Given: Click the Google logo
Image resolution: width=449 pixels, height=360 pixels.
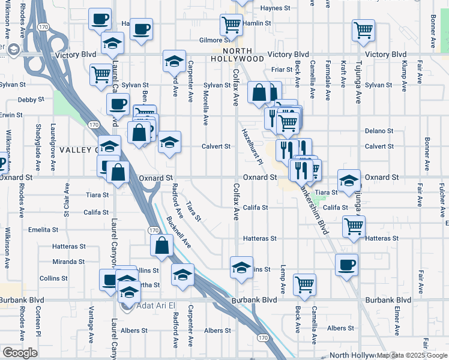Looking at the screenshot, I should click(19, 353).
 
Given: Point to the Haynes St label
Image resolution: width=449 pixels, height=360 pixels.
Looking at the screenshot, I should click(275, 8).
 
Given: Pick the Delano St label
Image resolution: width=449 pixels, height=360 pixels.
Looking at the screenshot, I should click(379, 131).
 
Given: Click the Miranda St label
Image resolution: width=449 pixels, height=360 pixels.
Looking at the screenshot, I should click(68, 262).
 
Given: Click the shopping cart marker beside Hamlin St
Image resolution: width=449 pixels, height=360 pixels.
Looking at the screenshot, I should click(231, 25).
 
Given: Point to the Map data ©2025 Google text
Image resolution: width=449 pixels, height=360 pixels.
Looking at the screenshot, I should click(412, 355).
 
